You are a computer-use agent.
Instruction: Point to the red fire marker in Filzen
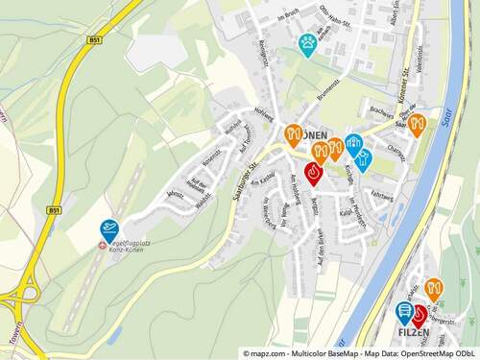pos(419,314)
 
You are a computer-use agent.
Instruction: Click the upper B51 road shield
pos(94,40)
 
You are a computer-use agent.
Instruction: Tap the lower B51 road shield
pos(54,209)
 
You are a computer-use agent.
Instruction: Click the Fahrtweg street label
pos(382,195)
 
